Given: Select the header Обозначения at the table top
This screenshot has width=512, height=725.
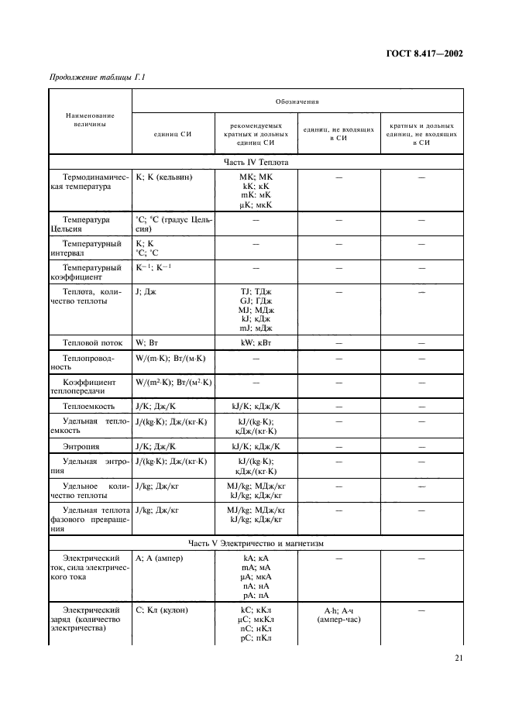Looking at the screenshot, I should pyautogui.click(x=297, y=101).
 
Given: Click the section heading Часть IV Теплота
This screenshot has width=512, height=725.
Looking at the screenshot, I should pyautogui.click(x=256, y=163).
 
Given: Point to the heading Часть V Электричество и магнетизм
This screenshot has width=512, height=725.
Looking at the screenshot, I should pyautogui.click(x=256, y=543).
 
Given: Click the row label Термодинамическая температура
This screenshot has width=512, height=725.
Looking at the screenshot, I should pyautogui.click(x=91, y=182).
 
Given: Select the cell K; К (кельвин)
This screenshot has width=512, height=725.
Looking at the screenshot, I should pyautogui.click(x=164, y=177).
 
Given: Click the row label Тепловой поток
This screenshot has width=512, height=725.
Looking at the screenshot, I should pyautogui.click(x=90, y=342).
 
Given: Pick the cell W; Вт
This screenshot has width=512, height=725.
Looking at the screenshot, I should pyautogui.click(x=146, y=342).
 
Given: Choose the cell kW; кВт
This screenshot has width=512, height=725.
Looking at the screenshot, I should pyautogui.click(x=256, y=342).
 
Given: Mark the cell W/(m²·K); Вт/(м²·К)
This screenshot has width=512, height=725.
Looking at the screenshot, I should pyautogui.click(x=174, y=383).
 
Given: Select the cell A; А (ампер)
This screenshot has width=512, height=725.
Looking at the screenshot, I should pyautogui.click(x=159, y=558).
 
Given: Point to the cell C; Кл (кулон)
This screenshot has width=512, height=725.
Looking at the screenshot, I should pyautogui.click(x=162, y=610).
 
